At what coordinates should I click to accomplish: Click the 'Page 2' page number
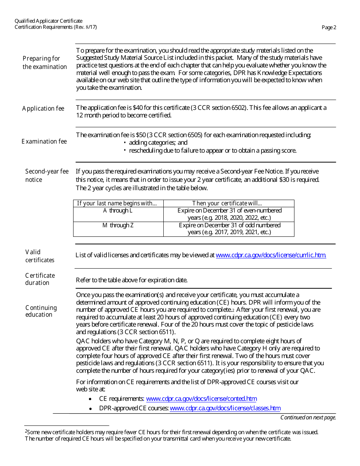(329, 27)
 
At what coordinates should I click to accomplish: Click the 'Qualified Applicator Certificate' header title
(49, 21)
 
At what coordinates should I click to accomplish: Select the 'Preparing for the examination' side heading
(44, 63)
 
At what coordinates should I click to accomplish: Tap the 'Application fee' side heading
(43, 108)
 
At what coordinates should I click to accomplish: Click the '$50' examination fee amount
(141, 135)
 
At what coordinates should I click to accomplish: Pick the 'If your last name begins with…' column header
(117, 203)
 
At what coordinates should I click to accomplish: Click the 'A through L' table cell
(118, 211)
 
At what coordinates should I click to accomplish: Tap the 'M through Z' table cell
(118, 225)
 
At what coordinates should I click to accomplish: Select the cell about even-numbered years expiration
(229, 214)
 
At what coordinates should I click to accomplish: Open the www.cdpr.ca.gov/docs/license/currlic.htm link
(271, 255)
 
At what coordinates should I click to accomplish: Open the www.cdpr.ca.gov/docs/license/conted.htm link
(201, 399)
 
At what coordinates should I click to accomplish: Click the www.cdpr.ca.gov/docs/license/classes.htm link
(225, 408)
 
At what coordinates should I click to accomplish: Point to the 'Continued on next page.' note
(308, 418)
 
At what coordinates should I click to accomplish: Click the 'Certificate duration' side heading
(40, 279)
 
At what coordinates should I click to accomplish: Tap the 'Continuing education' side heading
(41, 311)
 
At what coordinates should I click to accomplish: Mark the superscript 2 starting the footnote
(26, 431)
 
